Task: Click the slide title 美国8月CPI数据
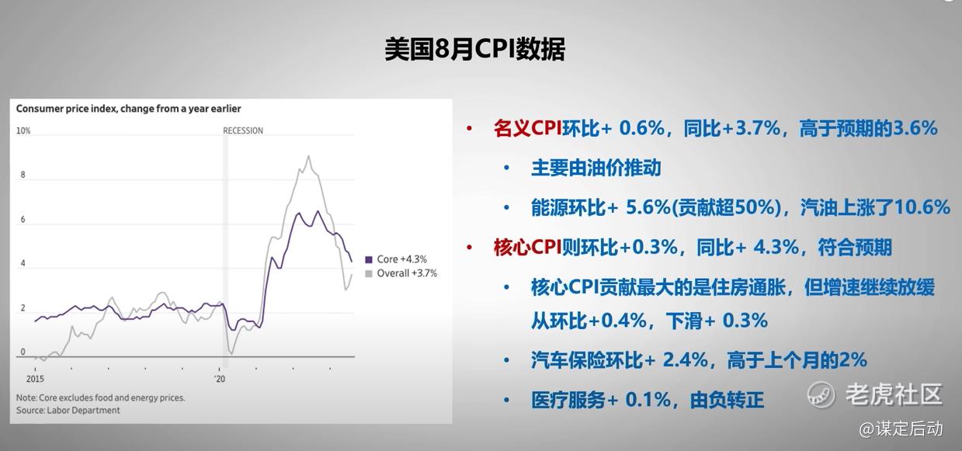point(474,50)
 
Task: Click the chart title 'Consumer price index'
point(66,109)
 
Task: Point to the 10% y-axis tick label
point(23,130)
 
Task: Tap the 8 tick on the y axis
point(23,175)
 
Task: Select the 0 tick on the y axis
point(23,352)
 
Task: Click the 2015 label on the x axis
point(35,379)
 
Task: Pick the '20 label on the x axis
point(220,379)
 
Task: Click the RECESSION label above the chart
point(243,130)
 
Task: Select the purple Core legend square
point(369,259)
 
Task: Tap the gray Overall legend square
point(369,273)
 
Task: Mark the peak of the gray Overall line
point(308,156)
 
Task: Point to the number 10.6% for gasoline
point(922,207)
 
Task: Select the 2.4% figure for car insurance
point(685,360)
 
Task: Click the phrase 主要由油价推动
point(596,168)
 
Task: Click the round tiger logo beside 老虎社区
point(821,394)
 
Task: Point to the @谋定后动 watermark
point(901,428)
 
